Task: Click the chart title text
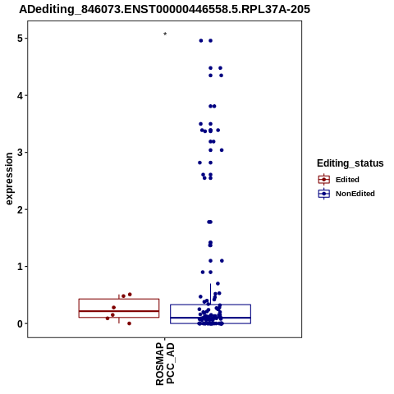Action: click(x=164, y=9)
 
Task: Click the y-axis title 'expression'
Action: click(x=9, y=179)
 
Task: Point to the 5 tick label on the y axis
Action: click(x=21, y=39)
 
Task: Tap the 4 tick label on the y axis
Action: click(x=21, y=96)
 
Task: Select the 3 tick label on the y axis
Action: click(x=21, y=153)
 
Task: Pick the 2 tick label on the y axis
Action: click(x=21, y=209)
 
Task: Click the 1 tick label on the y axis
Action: click(x=21, y=267)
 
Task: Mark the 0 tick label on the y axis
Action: click(x=21, y=323)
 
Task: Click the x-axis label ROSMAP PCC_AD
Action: click(x=165, y=364)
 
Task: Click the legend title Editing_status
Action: click(x=350, y=163)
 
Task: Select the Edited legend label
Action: click(x=347, y=180)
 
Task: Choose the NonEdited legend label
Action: click(x=355, y=194)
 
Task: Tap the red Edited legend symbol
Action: click(x=324, y=180)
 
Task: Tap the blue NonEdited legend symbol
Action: click(x=324, y=194)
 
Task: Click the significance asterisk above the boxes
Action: click(x=165, y=34)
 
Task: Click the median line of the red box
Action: click(x=119, y=311)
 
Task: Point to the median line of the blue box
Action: click(x=210, y=318)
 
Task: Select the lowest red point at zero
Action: click(x=129, y=323)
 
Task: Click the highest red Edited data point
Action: click(x=130, y=295)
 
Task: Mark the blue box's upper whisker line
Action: click(x=210, y=294)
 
